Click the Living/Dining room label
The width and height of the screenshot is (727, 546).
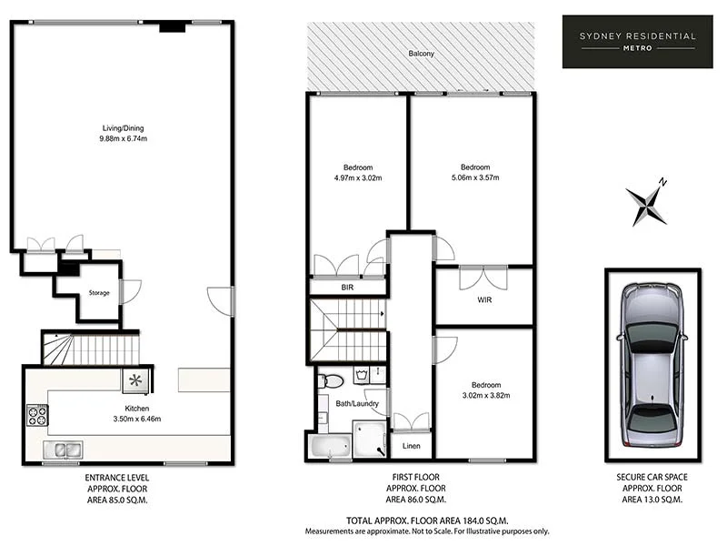122,128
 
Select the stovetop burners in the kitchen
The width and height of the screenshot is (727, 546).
37,415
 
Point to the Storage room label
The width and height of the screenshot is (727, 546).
99,293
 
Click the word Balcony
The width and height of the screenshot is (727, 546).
421,55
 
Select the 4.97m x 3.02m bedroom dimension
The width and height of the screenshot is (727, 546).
357,178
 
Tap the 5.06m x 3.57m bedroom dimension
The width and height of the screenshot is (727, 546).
474,178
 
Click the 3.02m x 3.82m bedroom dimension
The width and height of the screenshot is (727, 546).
481,397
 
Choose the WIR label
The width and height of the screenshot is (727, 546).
483,299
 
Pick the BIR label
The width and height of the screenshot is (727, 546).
347,287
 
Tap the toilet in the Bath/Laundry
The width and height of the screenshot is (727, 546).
332,380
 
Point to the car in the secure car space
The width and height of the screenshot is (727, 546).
652,364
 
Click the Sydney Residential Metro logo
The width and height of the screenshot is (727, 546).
638,41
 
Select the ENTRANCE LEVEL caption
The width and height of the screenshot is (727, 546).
116,477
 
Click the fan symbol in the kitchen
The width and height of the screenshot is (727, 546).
135,379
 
